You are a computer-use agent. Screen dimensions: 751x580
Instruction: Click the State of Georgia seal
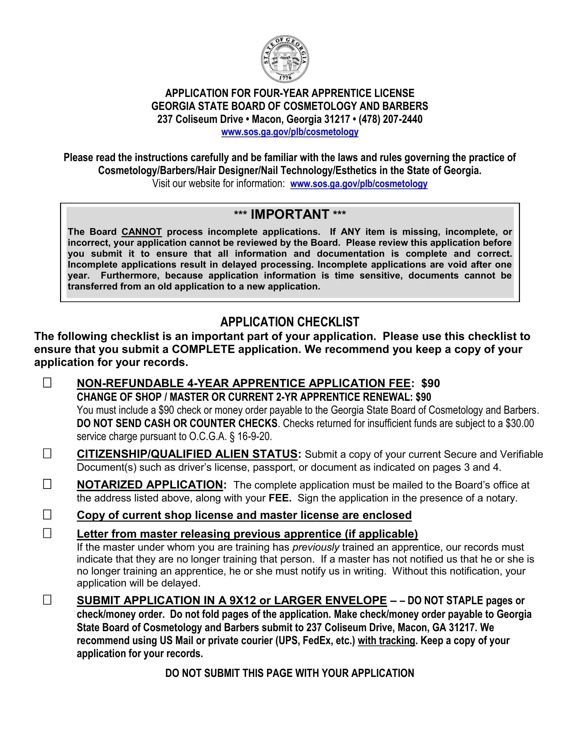[x=285, y=58]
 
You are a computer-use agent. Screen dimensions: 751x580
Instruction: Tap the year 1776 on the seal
[x=285, y=78]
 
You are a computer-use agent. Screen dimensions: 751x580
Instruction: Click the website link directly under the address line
[x=290, y=132]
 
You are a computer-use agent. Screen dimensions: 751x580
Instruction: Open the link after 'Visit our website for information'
[x=359, y=184]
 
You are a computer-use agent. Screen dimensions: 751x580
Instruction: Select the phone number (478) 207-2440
[x=390, y=119]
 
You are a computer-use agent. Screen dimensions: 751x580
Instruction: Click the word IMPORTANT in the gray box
[x=290, y=214]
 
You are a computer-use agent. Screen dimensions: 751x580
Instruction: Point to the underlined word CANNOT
[x=142, y=232]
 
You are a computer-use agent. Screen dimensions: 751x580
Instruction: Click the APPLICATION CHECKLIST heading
[x=290, y=322]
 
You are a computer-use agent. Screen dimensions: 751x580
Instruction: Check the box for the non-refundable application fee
[x=47, y=383]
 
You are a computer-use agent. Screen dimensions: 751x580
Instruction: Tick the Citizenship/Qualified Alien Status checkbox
[x=47, y=454]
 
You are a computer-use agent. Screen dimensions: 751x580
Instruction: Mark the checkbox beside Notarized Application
[x=47, y=484]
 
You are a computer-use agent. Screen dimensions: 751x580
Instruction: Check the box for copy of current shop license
[x=47, y=514]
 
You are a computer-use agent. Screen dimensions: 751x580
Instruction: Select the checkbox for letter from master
[x=47, y=533]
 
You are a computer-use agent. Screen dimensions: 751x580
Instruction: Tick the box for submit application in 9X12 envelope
[x=47, y=600]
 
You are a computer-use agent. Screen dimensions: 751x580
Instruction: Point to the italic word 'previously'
[x=316, y=547]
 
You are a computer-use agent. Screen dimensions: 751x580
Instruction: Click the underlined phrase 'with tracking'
[x=387, y=641]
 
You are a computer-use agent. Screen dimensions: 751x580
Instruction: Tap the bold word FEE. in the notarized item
[x=280, y=498]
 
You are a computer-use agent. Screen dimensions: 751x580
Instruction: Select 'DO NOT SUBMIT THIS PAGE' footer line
[x=290, y=673]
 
